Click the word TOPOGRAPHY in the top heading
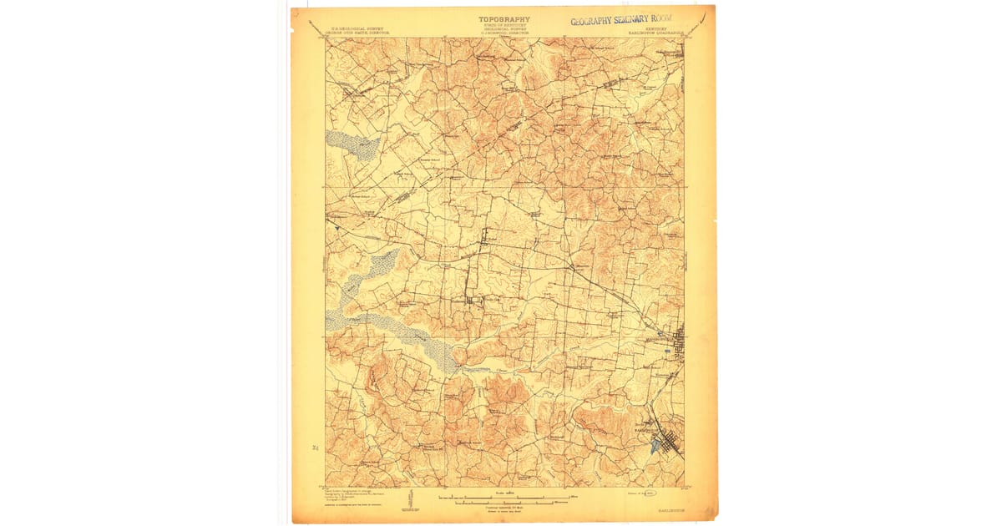504,19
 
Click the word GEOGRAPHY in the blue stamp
596,21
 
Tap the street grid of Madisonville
679,342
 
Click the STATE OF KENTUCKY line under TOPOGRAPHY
504,26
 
